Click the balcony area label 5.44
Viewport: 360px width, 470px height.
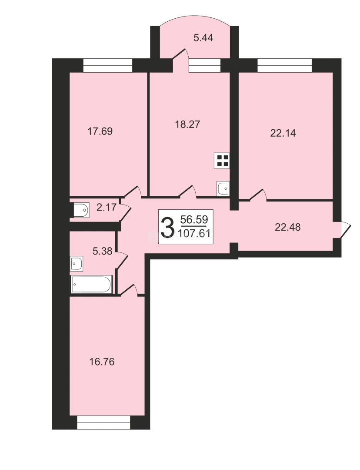coord(203,38)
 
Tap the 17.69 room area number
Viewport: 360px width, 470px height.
coord(100,131)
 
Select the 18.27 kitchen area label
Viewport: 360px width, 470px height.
coord(187,124)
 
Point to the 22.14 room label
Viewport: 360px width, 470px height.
coord(283,133)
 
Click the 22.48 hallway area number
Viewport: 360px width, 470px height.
coord(287,227)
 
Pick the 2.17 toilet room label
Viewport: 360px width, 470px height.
coord(107,207)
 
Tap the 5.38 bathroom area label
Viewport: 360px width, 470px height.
coord(103,251)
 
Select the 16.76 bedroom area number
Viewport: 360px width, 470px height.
coord(102,362)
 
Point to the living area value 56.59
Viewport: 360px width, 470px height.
coord(194,219)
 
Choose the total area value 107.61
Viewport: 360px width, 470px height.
coord(194,233)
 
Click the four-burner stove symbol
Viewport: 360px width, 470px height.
coord(222,160)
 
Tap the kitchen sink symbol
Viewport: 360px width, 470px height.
coord(223,188)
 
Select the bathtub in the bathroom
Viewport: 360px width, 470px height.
coord(92,284)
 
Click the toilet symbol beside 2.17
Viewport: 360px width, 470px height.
coord(81,210)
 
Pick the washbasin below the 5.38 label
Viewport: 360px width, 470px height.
coord(77,264)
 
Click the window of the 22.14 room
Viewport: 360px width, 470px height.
coord(284,65)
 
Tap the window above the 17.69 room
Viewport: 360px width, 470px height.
coord(107,65)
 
